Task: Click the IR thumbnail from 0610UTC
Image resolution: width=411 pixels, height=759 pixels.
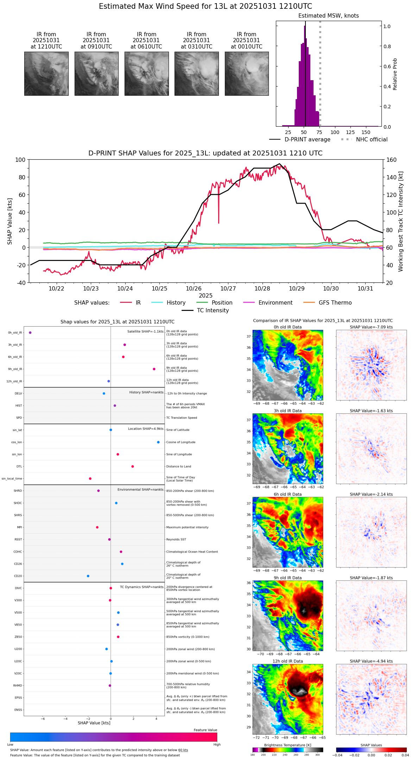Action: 146,74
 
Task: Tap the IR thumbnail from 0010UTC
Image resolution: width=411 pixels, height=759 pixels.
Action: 247,74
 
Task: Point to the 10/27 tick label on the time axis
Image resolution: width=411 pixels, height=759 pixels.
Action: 228,289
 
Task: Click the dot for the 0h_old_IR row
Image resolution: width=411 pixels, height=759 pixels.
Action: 30,333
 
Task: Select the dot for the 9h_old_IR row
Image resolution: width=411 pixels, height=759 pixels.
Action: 154,369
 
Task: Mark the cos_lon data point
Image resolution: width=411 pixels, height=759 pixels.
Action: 158,442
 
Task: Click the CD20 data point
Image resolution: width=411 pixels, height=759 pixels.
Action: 88,576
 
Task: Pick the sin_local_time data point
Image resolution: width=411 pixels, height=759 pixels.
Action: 90,479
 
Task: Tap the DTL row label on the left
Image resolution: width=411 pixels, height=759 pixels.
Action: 19,467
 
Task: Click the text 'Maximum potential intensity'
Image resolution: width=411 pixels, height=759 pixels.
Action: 187,528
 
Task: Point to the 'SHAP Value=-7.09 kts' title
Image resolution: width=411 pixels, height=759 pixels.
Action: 371,327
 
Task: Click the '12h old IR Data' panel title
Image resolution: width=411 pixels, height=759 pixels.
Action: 287,661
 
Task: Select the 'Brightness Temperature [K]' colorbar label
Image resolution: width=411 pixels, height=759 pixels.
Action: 287,745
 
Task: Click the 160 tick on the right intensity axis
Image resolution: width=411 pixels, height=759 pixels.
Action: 391,160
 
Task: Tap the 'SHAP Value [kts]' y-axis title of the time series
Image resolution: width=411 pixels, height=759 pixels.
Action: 10,221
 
